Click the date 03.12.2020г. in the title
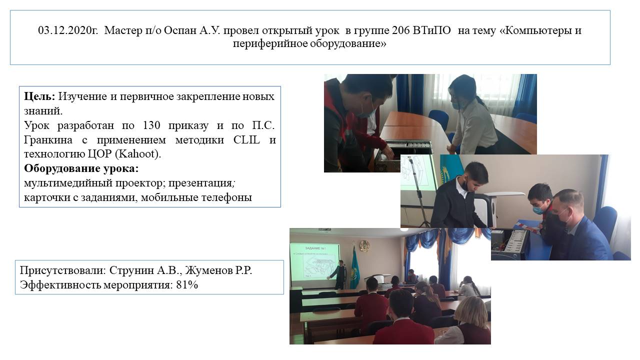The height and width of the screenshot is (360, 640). point(68,30)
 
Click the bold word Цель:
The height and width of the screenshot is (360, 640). point(39,96)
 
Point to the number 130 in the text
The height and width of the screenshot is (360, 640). point(151,125)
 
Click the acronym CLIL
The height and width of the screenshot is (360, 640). point(247,139)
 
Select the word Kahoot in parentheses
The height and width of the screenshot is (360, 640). point(136,154)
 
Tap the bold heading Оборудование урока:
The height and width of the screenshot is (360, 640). point(81,168)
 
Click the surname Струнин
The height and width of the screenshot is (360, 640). point(131,270)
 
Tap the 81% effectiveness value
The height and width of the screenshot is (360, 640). point(187,285)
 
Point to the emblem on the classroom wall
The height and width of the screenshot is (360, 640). point(364,245)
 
